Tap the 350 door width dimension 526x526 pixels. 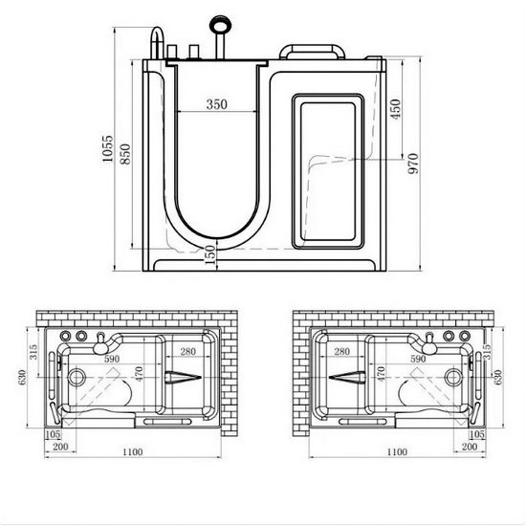coord(217,105)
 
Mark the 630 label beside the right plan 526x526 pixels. coord(496,377)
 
